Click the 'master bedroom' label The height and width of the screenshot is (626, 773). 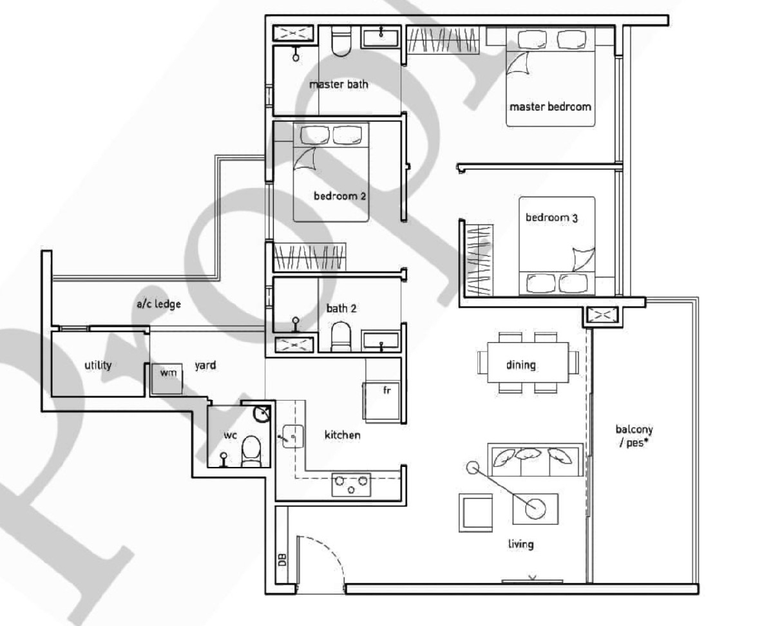point(550,107)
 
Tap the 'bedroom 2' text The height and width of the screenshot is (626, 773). point(339,196)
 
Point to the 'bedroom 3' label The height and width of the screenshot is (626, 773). point(551,218)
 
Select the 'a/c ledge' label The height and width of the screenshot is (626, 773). point(158,304)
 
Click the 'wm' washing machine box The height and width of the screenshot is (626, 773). point(167,379)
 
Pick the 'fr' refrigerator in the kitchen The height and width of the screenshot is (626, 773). point(382,402)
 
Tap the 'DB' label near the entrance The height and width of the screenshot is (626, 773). point(283,559)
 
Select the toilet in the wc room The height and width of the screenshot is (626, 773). point(251,451)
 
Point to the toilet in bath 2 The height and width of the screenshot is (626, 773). point(341,337)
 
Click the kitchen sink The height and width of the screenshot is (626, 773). point(292,436)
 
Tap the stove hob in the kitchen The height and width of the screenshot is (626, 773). point(351,484)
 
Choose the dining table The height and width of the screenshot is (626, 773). point(528,362)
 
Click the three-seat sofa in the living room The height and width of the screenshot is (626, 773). point(535,459)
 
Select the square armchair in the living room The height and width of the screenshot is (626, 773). point(476,513)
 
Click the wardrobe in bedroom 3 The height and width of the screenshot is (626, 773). point(479,260)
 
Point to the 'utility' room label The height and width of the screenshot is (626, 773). point(98,365)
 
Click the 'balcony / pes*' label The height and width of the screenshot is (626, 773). point(634,436)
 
